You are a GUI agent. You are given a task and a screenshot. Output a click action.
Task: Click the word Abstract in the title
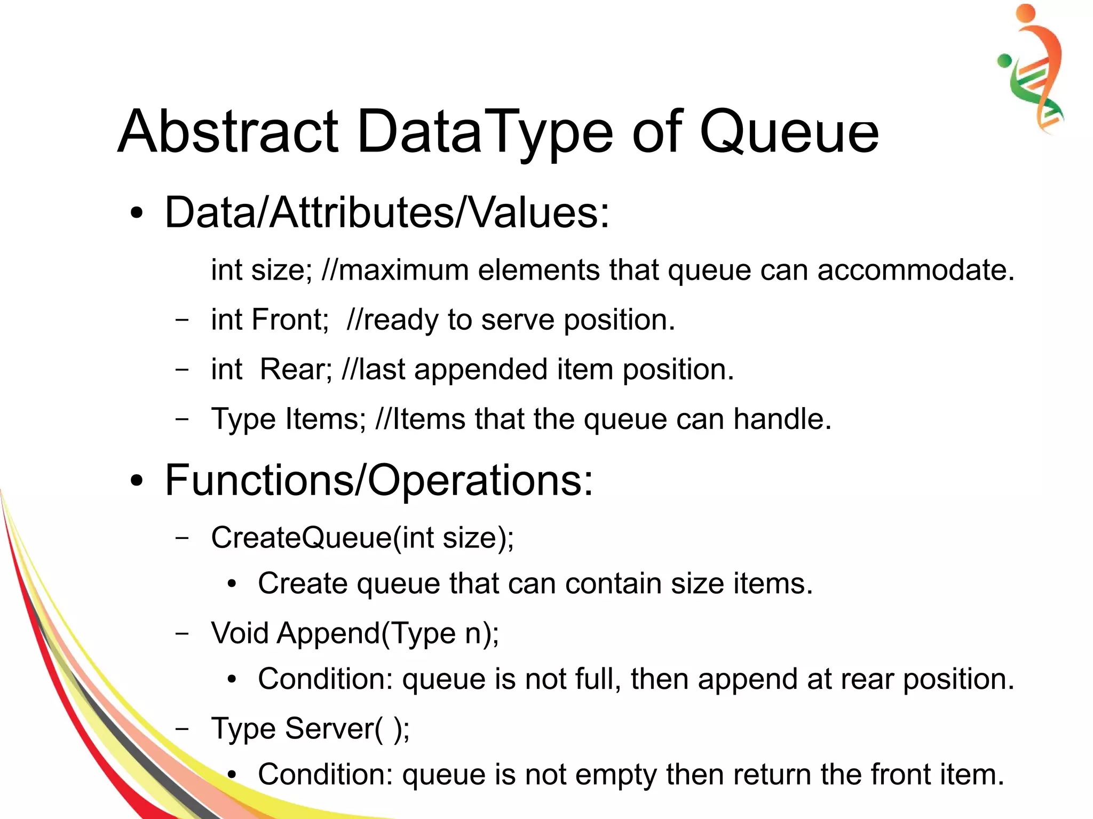coord(228,131)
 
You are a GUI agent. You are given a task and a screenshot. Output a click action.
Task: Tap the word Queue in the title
coord(788,132)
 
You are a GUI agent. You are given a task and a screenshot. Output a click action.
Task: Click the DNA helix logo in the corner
coord(1033,69)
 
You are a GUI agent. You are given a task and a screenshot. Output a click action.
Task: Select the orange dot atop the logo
coord(1025,12)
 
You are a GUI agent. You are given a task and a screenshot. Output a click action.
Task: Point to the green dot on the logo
coord(1004,60)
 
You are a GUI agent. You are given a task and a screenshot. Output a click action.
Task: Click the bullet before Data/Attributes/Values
coord(137,213)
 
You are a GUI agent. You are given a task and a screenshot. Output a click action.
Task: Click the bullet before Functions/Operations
coord(137,481)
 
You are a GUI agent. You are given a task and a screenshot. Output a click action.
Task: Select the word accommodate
coord(915,270)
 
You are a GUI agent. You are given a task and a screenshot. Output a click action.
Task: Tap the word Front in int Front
coord(289,320)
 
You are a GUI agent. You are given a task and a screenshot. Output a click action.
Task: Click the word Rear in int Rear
coord(295,369)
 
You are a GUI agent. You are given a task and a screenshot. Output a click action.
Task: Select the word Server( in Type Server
coord(334,729)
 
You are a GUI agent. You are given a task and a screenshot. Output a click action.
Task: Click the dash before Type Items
coord(182,419)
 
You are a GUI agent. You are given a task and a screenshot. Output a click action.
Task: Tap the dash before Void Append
coord(182,633)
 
